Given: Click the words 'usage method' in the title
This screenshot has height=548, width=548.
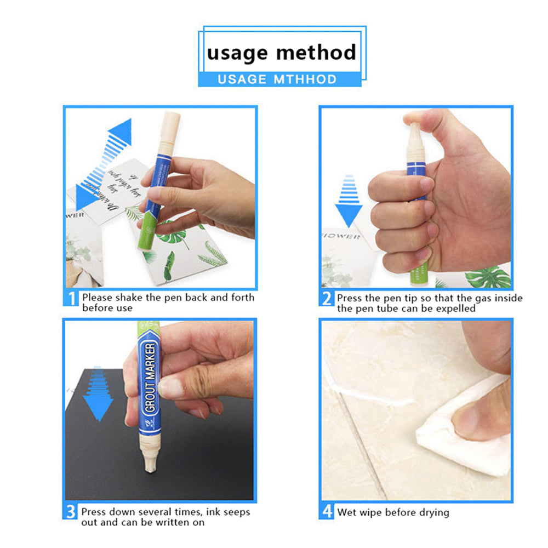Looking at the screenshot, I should (x=281, y=53).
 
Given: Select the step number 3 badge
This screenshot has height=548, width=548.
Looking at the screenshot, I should (x=71, y=512).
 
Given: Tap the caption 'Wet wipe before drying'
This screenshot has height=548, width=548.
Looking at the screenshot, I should (x=393, y=512).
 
